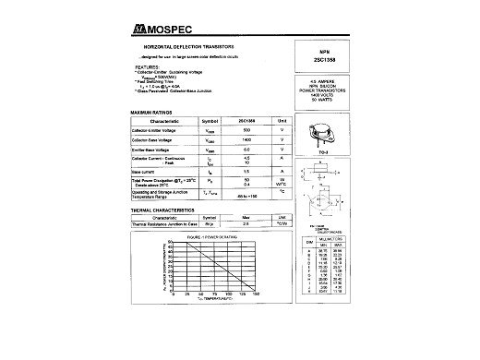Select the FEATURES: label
[150, 67]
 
